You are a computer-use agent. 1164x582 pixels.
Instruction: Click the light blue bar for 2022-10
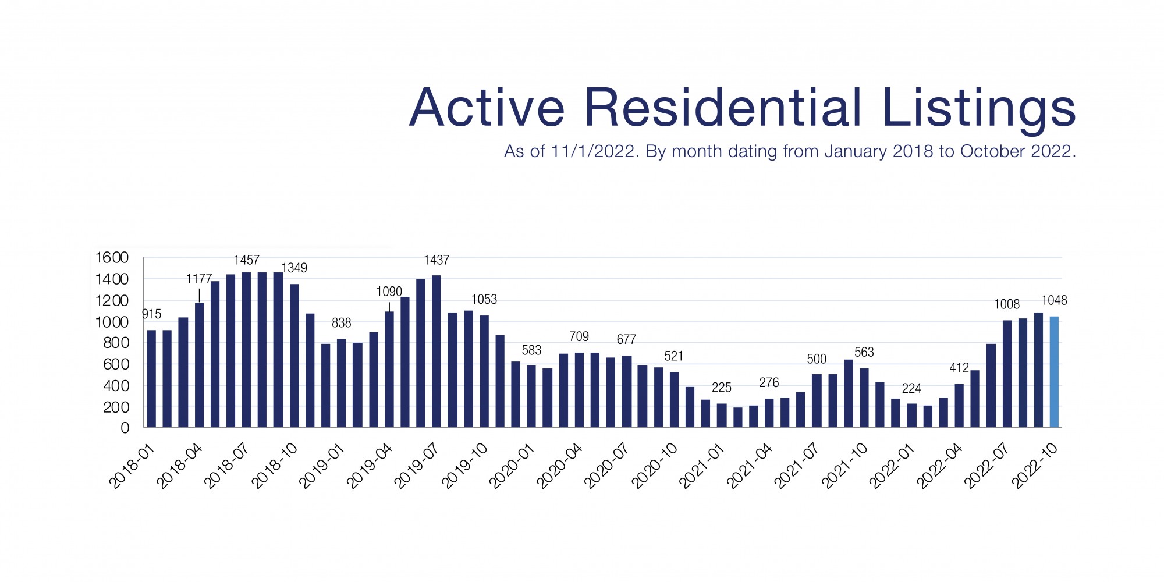(1054, 372)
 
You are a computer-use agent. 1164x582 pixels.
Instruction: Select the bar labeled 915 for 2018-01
(151, 378)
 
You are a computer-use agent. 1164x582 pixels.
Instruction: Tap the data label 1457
(247, 260)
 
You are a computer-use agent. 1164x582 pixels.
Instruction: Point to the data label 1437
(436, 260)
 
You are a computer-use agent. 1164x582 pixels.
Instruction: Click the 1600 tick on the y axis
(112, 257)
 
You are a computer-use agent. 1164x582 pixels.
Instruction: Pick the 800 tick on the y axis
(115, 343)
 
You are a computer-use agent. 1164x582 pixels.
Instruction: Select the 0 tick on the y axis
(125, 428)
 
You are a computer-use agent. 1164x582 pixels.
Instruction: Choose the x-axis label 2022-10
(1035, 466)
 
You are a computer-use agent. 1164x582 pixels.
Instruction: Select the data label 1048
(1054, 300)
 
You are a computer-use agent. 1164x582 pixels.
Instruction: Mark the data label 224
(911, 388)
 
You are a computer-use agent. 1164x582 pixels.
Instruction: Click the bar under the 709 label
(579, 390)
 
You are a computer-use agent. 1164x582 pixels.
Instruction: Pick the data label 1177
(199, 279)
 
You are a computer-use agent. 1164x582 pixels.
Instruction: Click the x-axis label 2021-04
(750, 466)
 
